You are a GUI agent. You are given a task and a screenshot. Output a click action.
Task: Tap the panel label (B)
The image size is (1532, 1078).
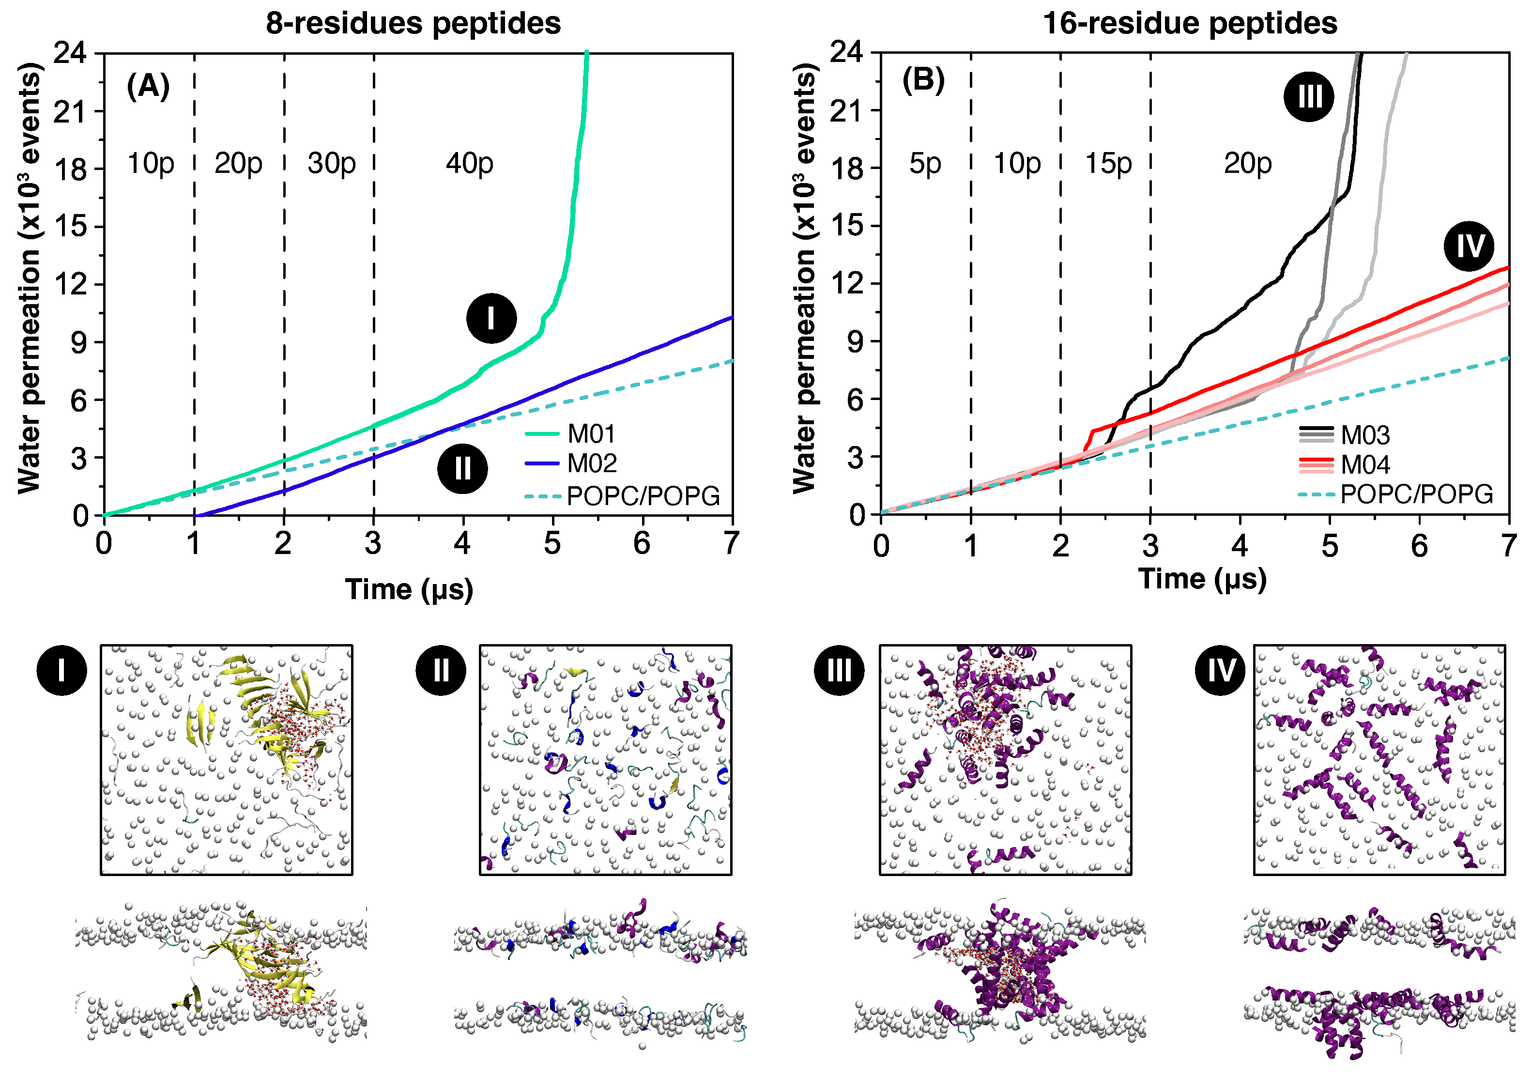[x=923, y=80]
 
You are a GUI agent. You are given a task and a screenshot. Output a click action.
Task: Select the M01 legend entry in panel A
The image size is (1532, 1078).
[x=591, y=434]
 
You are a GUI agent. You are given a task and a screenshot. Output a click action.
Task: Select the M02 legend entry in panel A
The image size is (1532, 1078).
[x=591, y=463]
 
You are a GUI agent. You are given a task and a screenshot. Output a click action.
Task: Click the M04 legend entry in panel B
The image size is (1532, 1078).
[x=1365, y=464]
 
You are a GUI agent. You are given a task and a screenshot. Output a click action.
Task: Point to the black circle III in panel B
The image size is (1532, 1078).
[x=1308, y=97]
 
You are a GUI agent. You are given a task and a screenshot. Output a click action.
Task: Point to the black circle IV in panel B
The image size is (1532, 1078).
[x=1469, y=246]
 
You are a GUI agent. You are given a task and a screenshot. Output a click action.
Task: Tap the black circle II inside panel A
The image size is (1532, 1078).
[x=462, y=469]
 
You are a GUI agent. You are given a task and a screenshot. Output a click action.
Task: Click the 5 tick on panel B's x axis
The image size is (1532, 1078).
[x=1329, y=546]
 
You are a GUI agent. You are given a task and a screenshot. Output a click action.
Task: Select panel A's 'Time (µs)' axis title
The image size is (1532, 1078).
[x=409, y=589]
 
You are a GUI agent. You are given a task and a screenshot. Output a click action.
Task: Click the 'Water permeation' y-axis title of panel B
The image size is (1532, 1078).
[x=805, y=279]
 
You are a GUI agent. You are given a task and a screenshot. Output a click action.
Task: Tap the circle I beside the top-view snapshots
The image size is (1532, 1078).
[x=61, y=670]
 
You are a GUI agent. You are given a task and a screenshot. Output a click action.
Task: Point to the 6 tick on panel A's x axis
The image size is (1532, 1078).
[x=641, y=543]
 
